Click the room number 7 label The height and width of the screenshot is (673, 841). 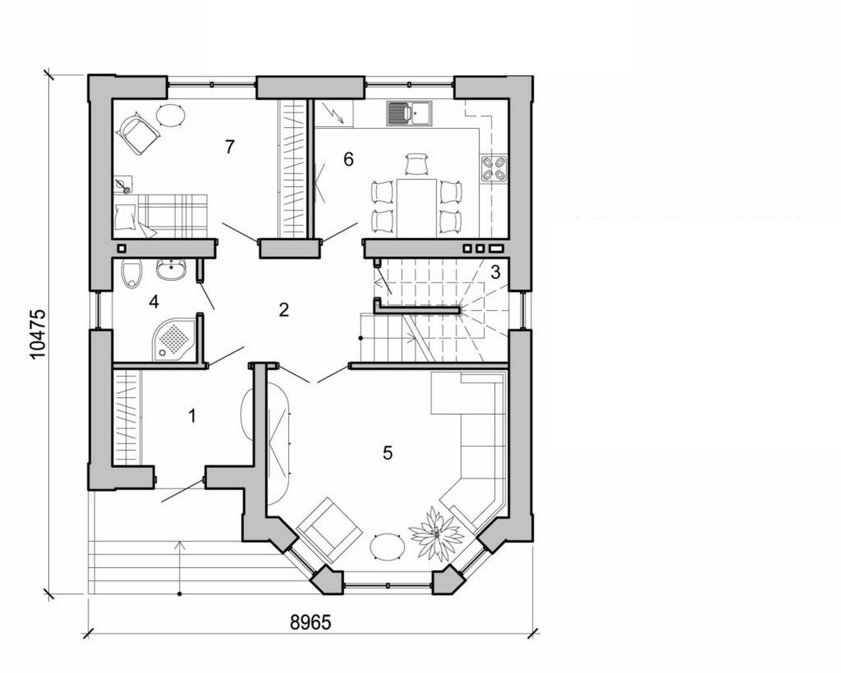(x=229, y=147)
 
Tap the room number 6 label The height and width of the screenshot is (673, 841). (x=348, y=160)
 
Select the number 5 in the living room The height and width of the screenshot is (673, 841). (x=388, y=453)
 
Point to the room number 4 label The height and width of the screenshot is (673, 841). (x=154, y=302)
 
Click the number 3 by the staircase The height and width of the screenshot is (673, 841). (x=496, y=272)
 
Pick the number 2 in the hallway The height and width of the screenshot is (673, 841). (x=284, y=310)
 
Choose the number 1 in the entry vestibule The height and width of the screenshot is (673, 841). (x=192, y=415)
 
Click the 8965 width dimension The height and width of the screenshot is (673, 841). (x=310, y=623)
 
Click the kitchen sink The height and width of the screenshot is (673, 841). (x=406, y=113)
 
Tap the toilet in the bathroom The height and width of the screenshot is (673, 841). (x=132, y=275)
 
